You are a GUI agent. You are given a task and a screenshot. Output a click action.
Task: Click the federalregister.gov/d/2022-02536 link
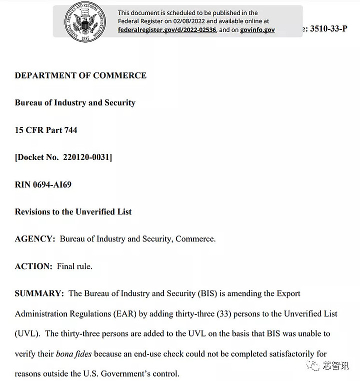pyautogui.click(x=167, y=29)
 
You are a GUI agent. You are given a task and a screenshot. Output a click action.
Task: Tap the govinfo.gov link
pyautogui.click(x=257, y=29)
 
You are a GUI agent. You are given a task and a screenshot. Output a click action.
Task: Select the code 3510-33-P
pyautogui.click(x=328, y=28)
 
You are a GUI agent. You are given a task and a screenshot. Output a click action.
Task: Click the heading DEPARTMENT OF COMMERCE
pyautogui.click(x=80, y=75)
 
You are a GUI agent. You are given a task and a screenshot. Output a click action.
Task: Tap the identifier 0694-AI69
pyautogui.click(x=52, y=184)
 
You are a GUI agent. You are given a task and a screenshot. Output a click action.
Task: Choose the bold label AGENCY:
pyautogui.click(x=35, y=239)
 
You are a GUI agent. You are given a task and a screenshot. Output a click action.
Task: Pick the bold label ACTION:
pyautogui.click(x=33, y=266)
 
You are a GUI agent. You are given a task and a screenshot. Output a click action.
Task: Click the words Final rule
pyautogui.click(x=74, y=266)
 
